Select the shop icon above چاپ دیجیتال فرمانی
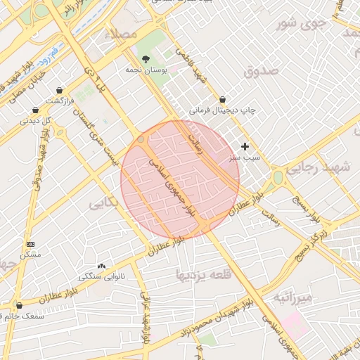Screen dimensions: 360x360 [223, 100]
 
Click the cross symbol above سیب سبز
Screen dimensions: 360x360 [245, 146]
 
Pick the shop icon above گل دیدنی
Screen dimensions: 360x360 [36, 110]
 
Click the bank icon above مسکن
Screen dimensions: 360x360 [30, 243]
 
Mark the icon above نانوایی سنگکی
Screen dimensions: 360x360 [102, 266]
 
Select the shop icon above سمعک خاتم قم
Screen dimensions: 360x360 [19, 306]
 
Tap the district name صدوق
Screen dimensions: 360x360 [262, 71]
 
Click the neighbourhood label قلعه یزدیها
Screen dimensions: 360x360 [204, 274]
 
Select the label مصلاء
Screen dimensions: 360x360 [120, 34]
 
